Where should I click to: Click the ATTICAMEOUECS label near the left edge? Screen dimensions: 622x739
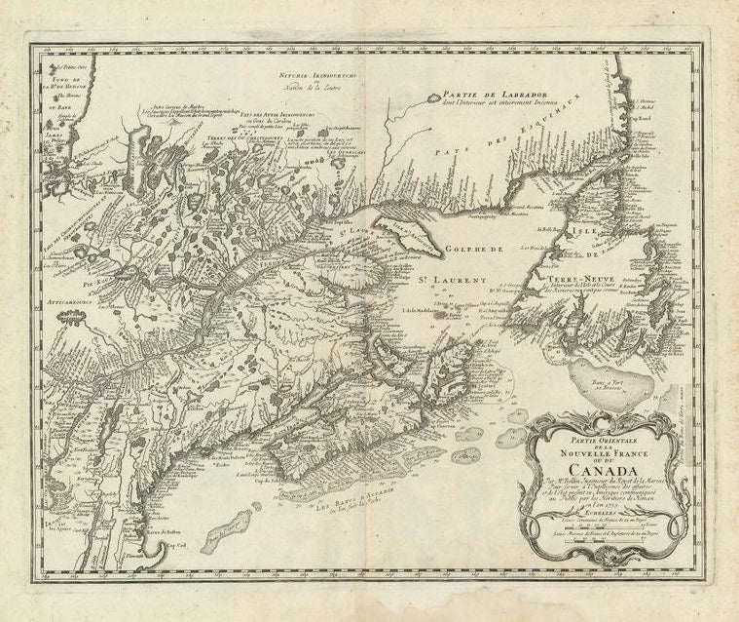tap(75, 303)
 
